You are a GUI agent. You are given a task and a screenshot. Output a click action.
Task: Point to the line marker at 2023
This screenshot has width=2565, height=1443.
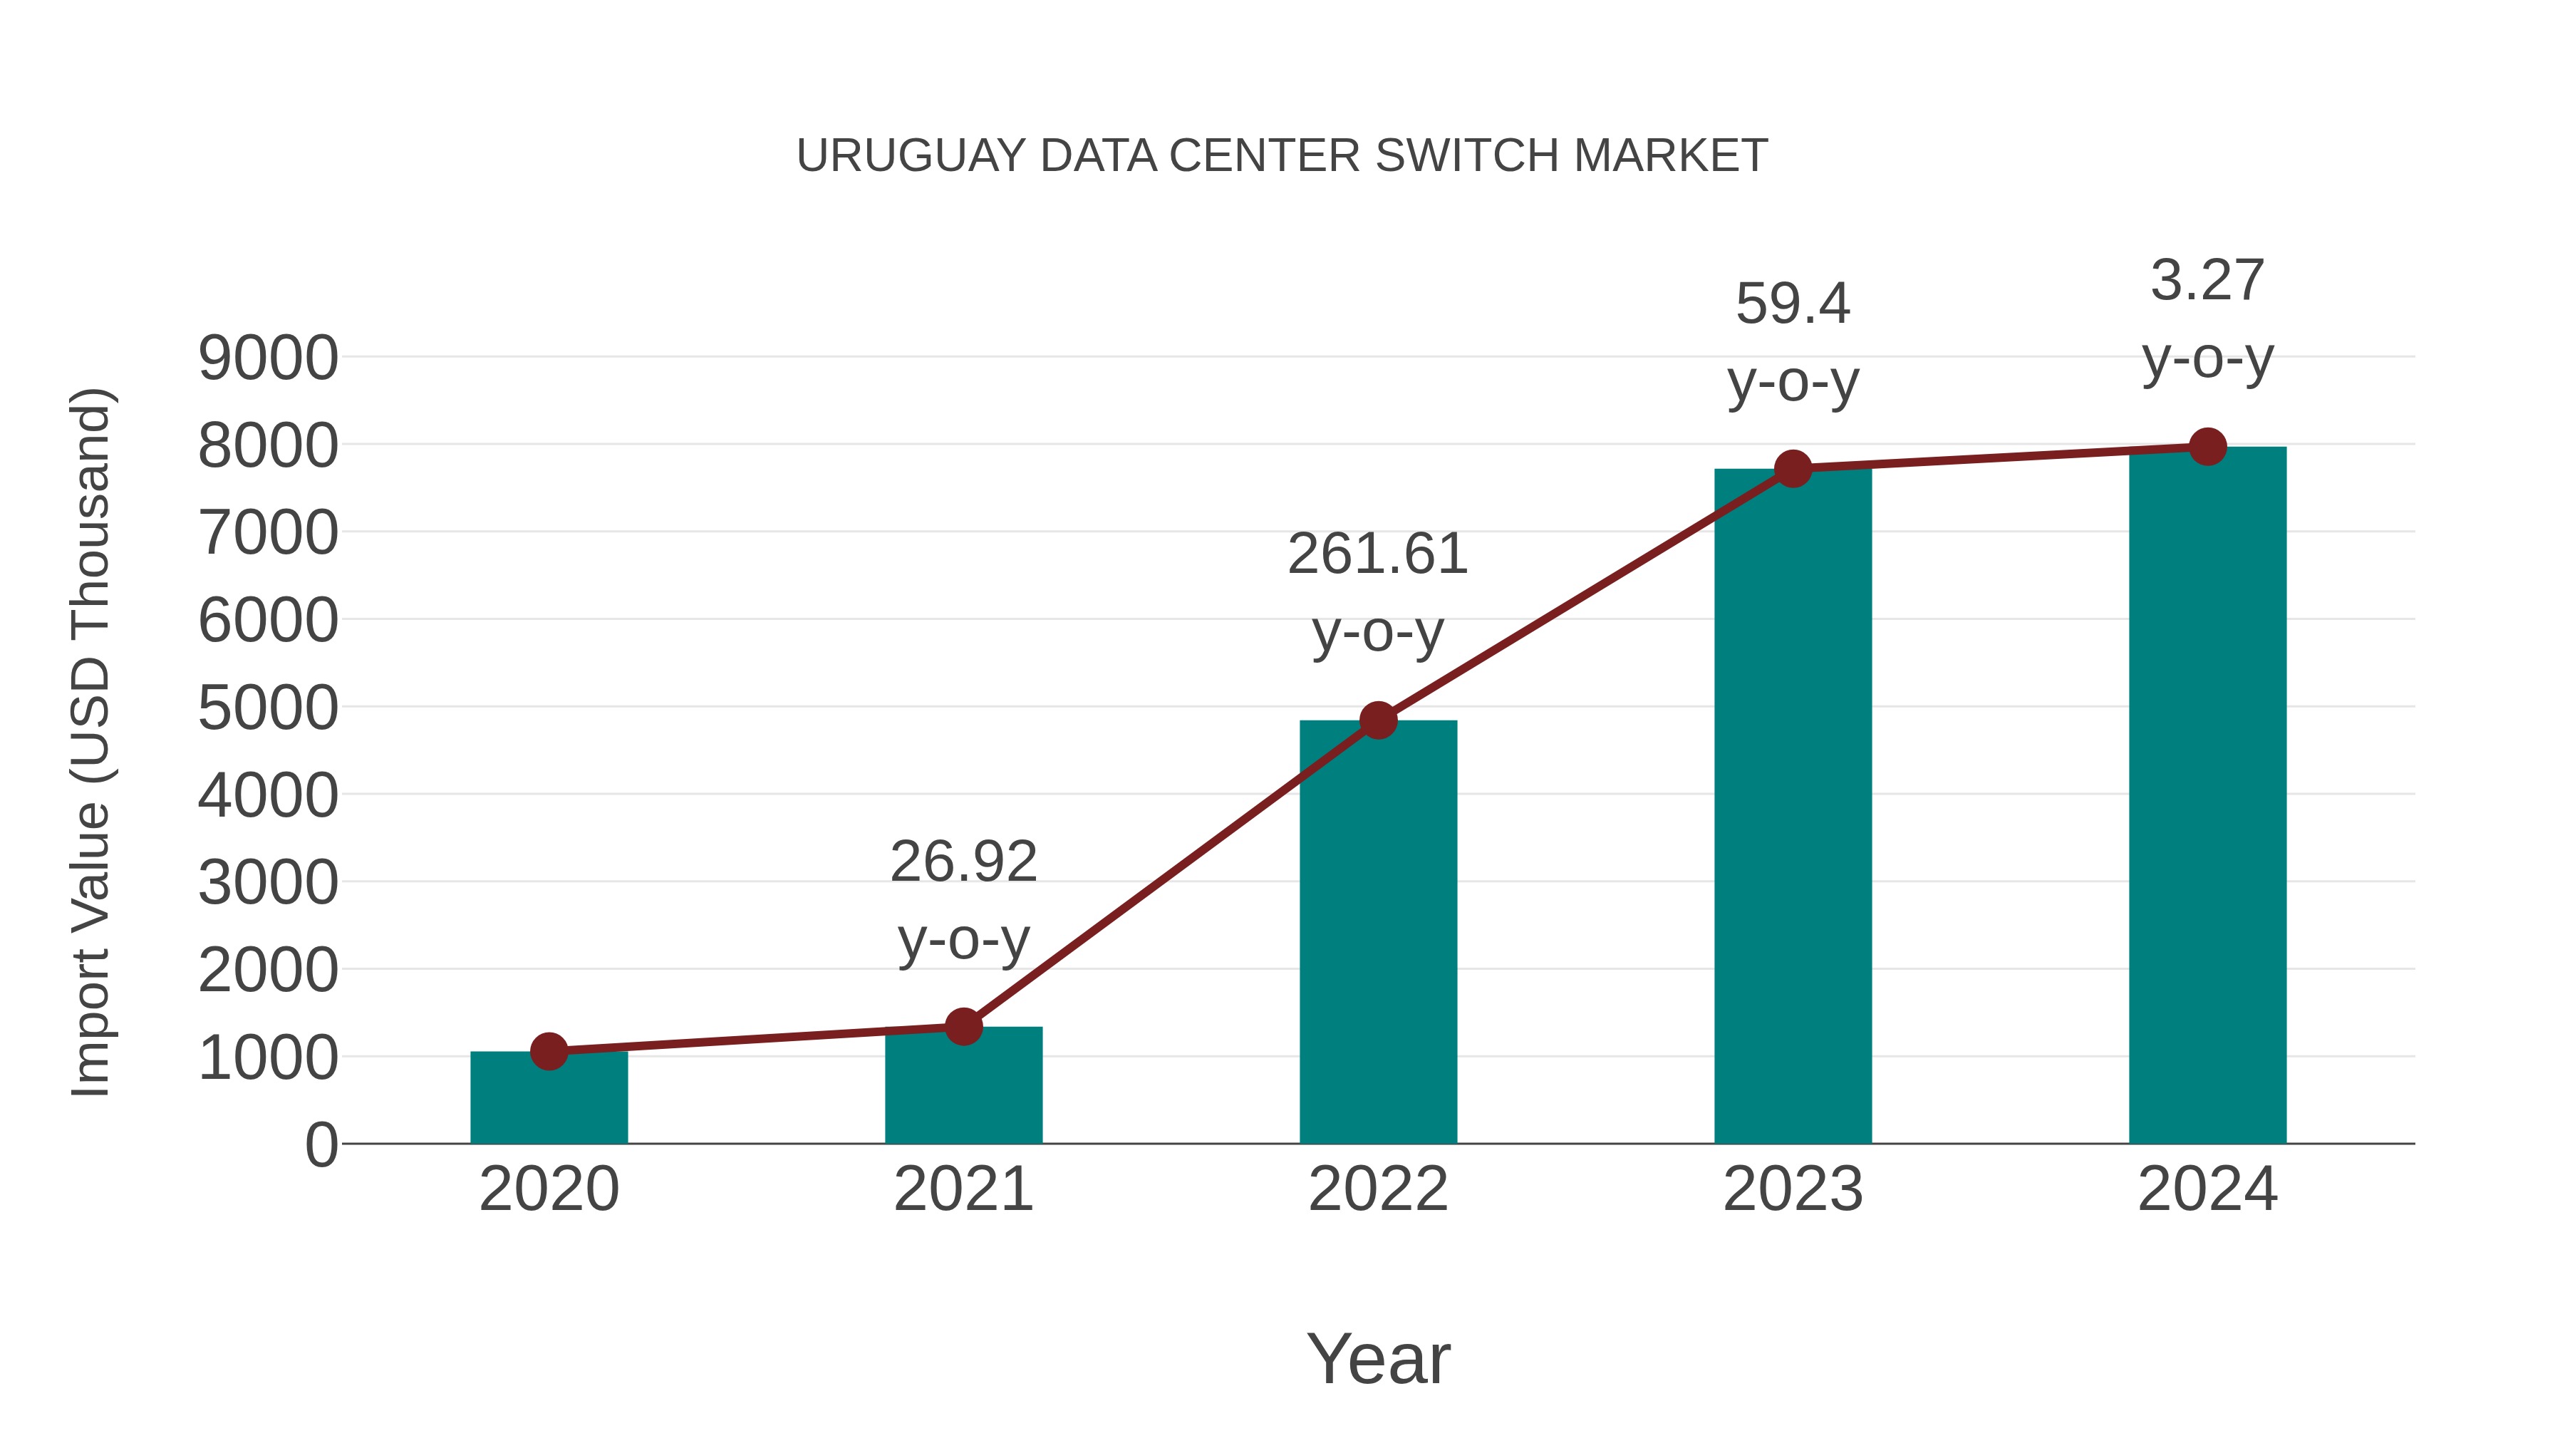pos(1793,468)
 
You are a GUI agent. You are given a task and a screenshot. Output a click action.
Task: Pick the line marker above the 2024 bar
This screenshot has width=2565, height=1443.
pos(2207,447)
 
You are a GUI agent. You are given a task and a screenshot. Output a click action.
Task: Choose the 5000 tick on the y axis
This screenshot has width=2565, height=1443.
pos(268,708)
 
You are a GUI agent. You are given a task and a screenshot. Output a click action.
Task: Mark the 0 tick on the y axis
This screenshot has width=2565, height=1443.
pos(321,1144)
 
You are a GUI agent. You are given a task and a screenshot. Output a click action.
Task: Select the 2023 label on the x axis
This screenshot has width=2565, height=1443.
pos(1793,1189)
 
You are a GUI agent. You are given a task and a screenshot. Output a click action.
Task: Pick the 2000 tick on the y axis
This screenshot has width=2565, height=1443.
pos(268,971)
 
